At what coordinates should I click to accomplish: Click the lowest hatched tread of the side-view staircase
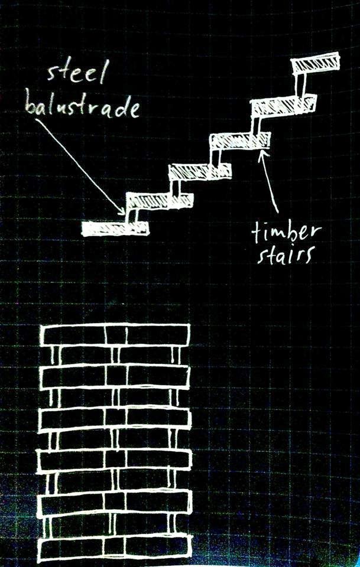tap(115, 228)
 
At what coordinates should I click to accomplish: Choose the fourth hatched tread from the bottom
tap(239, 141)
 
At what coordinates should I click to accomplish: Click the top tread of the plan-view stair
tap(115, 334)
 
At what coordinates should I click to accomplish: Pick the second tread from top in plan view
tap(115, 374)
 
